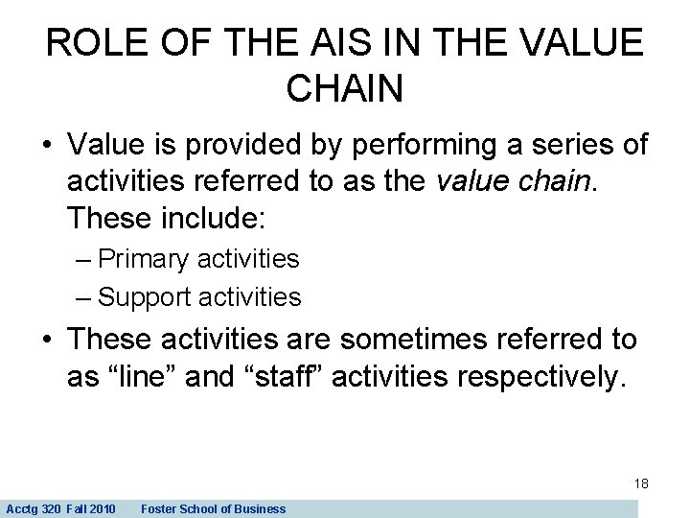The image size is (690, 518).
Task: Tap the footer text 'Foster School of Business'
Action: [213, 508]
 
